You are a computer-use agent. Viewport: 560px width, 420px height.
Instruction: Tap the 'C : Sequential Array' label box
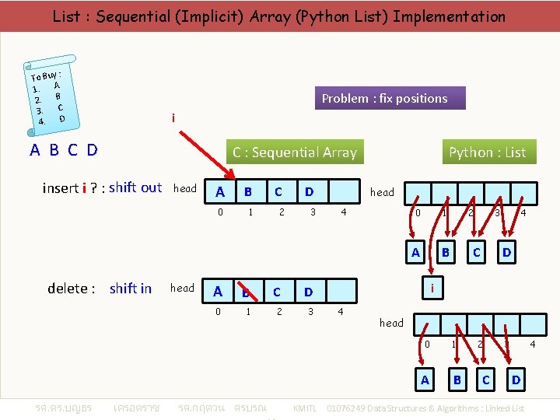point(294,152)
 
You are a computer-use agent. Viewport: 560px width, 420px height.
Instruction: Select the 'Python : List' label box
point(487,152)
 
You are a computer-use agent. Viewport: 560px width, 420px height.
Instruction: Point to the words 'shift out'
point(135,187)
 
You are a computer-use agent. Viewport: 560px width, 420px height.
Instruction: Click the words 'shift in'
point(131,289)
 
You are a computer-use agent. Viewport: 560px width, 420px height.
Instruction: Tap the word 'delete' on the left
point(68,289)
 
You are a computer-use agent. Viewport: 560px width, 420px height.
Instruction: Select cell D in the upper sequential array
point(309,191)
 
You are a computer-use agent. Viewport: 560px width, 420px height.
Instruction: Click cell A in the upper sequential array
point(220,191)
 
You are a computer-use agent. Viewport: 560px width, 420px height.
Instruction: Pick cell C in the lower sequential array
point(277,292)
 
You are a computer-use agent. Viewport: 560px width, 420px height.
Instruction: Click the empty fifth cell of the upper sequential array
point(343,191)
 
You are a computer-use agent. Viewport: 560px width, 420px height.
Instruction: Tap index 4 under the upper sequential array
point(343,212)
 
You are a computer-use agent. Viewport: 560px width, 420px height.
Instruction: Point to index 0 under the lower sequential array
point(218,312)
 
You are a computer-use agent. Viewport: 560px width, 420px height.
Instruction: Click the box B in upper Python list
point(446,252)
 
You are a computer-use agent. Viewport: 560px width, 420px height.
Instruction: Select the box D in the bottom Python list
point(515,380)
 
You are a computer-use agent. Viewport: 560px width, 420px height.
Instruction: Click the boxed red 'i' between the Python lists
point(432,289)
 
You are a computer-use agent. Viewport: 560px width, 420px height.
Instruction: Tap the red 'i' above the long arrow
point(173,119)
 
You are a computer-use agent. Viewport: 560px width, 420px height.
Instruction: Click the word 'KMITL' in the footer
point(304,408)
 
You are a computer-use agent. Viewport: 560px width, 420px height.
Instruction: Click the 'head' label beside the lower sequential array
point(182,289)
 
